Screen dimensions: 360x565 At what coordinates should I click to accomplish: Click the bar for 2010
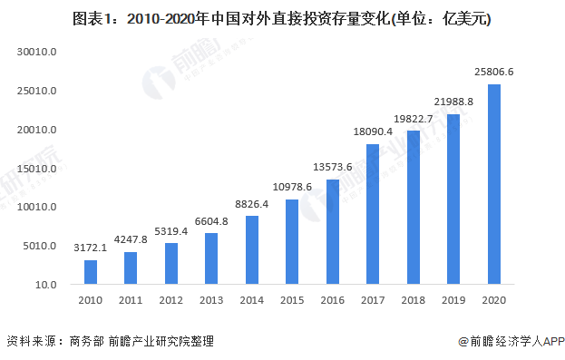(x=91, y=272)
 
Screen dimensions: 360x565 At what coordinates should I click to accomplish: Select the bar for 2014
(x=252, y=250)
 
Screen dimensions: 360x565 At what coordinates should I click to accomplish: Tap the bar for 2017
(x=373, y=214)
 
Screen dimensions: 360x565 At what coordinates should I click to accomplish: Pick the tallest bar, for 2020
(x=494, y=184)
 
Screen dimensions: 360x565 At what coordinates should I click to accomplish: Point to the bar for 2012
(x=171, y=263)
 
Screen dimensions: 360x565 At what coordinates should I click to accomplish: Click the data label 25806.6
(x=494, y=72)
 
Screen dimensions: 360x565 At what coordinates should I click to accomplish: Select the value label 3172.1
(x=91, y=247)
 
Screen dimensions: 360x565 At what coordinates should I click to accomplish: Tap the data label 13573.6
(x=333, y=167)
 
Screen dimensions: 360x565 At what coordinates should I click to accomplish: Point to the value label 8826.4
(x=252, y=203)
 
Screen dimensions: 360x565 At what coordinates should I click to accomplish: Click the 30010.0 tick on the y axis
(x=37, y=53)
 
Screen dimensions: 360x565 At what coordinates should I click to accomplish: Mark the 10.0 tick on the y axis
(x=45, y=285)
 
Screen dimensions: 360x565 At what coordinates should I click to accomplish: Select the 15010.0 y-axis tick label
(x=37, y=169)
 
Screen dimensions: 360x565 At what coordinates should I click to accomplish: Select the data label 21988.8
(x=453, y=102)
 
